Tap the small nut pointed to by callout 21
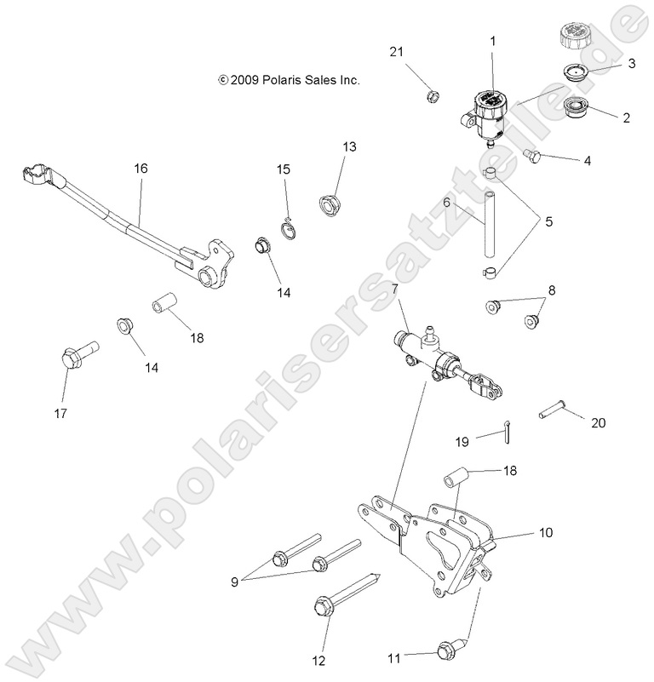433,96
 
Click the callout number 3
631,63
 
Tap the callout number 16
141,169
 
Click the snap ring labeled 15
288,225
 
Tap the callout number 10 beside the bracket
544,533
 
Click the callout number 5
548,221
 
